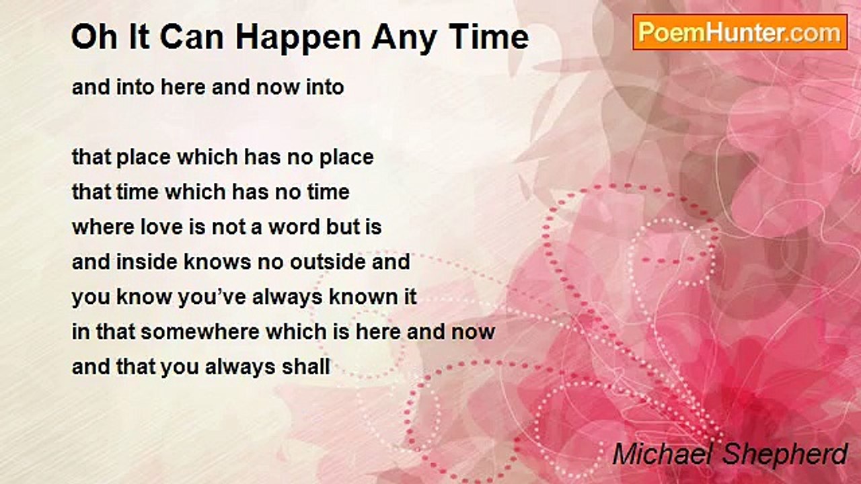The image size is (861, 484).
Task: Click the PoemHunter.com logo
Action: pyautogui.click(x=740, y=32)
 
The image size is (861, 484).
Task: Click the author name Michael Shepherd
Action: pyautogui.click(x=730, y=454)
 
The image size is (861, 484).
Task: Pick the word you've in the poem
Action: pyautogui.click(x=212, y=297)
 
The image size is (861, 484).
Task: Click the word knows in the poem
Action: pyautogui.click(x=217, y=261)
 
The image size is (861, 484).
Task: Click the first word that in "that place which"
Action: pyautogui.click(x=91, y=157)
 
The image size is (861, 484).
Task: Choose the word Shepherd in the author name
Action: pyautogui.click(x=784, y=454)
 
